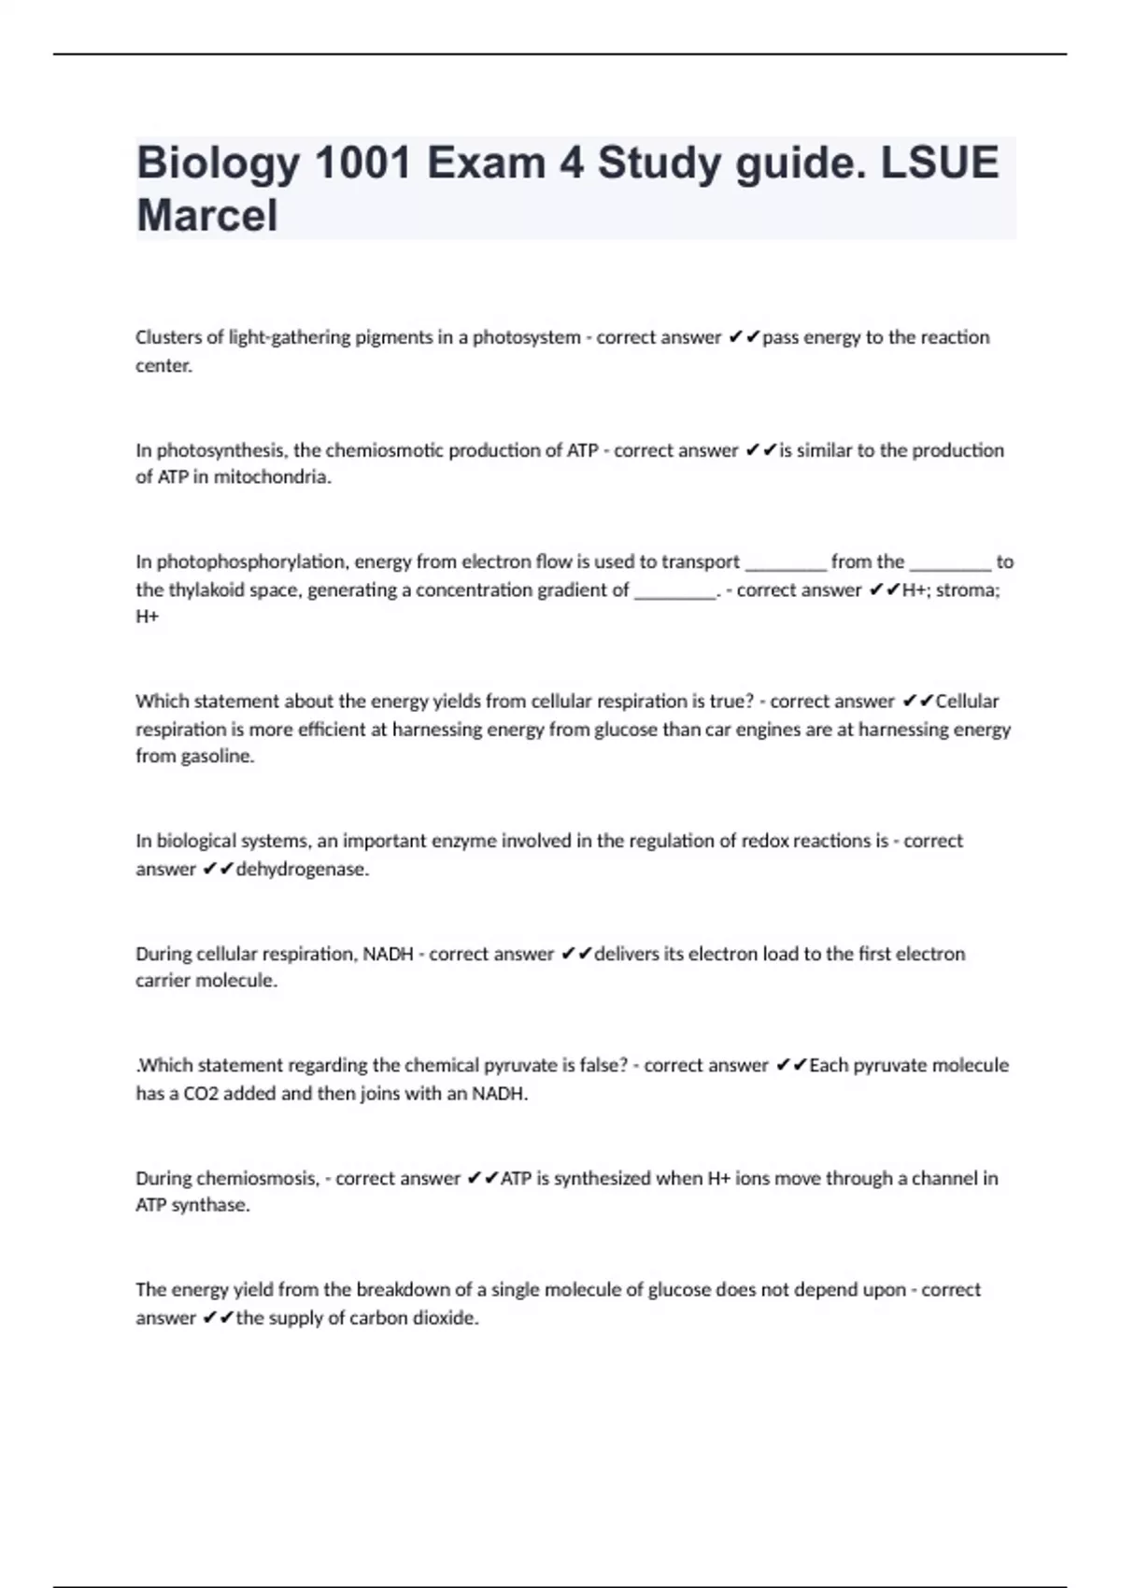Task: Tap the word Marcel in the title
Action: [x=206, y=216]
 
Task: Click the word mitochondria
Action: [x=272, y=477]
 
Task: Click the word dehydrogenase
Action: [x=302, y=870]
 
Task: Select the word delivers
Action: [x=627, y=954]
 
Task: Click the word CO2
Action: [x=201, y=1094]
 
